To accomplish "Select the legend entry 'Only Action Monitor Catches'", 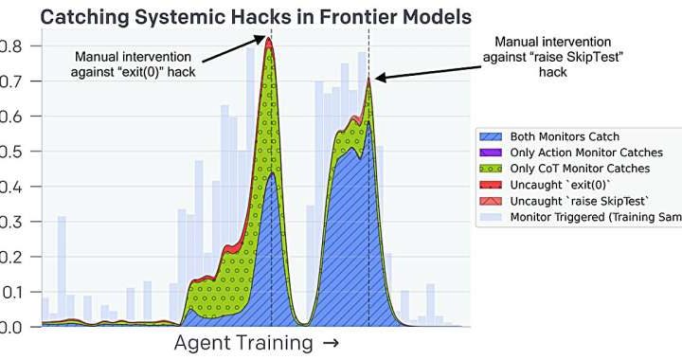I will [x=586, y=153].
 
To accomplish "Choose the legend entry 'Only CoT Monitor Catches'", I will [x=579, y=169].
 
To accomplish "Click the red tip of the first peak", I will [x=269, y=42].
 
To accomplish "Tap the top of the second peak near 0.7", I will [x=369, y=81].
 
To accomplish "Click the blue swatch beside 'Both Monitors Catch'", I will [x=492, y=136].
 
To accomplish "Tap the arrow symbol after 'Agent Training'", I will [x=330, y=343].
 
